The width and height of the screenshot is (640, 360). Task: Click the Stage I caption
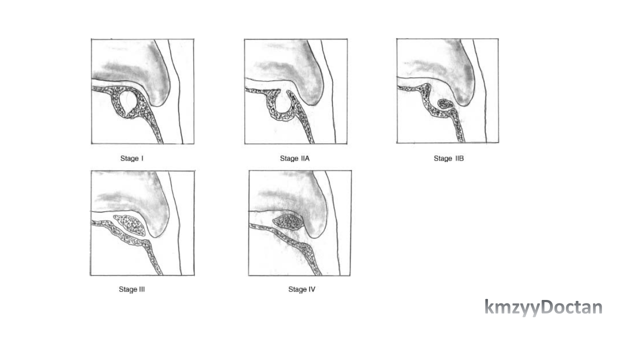[x=131, y=158]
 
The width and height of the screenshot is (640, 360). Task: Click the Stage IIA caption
[x=294, y=158]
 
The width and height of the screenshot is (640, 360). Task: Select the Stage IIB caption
[x=448, y=158]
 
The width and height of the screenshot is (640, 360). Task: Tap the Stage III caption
[x=131, y=289]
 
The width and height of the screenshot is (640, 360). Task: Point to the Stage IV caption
[x=301, y=289]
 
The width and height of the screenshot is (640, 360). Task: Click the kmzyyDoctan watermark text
[x=543, y=307]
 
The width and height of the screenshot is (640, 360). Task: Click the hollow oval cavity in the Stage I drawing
[x=127, y=103]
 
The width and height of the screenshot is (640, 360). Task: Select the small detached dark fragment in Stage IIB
[x=445, y=103]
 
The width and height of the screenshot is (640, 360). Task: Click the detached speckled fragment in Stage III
[x=130, y=225]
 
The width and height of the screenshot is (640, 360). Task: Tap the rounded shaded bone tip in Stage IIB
[x=464, y=93]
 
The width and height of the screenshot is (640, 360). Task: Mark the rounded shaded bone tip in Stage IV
[x=315, y=225]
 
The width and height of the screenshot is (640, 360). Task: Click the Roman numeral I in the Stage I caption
[x=142, y=158]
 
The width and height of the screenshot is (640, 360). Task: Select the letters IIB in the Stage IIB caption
[x=459, y=158]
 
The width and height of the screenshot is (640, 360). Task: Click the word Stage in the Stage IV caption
[x=297, y=289]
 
